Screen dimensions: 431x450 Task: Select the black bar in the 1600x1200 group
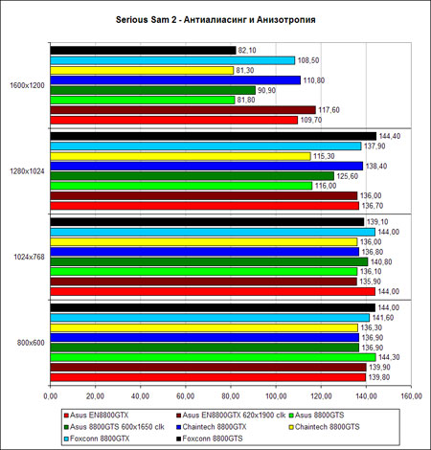[x=143, y=51]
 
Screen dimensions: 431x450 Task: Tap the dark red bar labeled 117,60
[x=183, y=110]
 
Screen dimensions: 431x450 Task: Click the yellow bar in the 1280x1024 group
[x=180, y=156]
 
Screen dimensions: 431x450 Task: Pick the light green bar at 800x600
[x=213, y=357]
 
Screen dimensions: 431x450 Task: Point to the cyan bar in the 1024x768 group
[x=213, y=232]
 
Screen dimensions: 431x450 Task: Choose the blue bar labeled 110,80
[x=175, y=80]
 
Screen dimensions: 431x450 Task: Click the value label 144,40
[x=390, y=136]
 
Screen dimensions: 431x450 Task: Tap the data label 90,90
[x=266, y=90]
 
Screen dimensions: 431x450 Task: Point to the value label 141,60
[x=383, y=318]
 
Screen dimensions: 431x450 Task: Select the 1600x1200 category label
[x=27, y=85]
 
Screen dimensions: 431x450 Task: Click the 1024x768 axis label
[x=29, y=257]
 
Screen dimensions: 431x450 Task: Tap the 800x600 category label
[x=31, y=343]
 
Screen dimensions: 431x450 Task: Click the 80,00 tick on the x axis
[x=231, y=396]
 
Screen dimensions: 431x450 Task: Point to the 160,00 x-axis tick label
[x=411, y=396]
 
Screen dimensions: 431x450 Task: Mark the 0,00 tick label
[x=50, y=396]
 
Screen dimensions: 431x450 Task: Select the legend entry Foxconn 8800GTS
[x=210, y=439]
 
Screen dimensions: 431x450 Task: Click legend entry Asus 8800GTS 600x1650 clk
[x=114, y=427]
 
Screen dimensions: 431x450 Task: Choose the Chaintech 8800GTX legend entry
[x=212, y=427]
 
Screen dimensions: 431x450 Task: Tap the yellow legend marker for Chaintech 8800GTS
[x=291, y=427]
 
